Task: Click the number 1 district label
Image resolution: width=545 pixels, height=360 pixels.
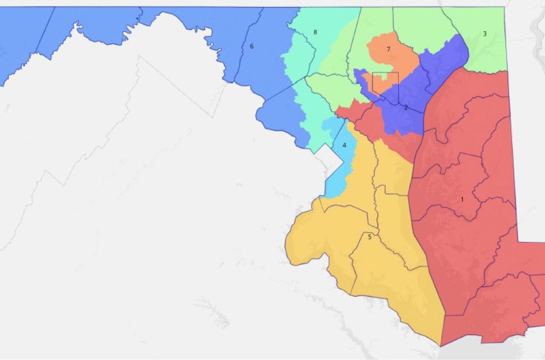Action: point(462,200)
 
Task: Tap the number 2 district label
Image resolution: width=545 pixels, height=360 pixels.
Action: point(406,107)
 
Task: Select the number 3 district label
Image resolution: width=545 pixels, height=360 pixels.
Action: point(485,33)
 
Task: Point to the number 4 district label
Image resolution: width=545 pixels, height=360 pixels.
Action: point(344,146)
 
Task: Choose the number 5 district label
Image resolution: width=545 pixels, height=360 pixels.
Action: point(369,236)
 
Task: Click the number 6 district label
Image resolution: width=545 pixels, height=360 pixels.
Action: point(251,46)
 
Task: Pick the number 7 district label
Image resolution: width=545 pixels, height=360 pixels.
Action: point(388,49)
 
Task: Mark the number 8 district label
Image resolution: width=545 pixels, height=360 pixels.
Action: point(315,33)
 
